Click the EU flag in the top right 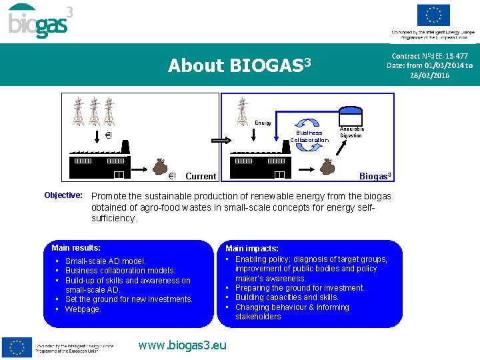coord(433,15)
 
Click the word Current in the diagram coord(201,177)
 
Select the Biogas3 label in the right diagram coord(375,176)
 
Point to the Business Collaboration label coord(309,136)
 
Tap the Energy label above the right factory coord(263,123)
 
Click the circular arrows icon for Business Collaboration coord(309,123)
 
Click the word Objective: coord(63,195)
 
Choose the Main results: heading coord(76,248)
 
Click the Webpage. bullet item coord(83,309)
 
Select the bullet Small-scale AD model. coord(105,261)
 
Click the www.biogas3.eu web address coord(182,345)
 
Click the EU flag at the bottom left coord(17,347)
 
